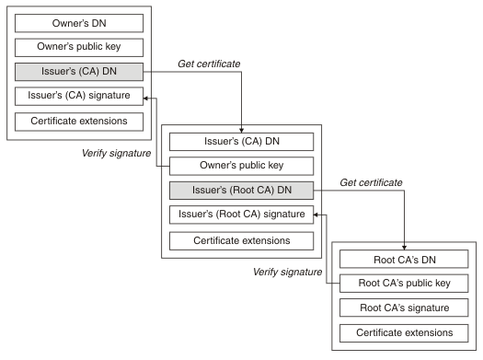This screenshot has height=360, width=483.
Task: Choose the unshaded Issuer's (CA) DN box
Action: [x=241, y=142]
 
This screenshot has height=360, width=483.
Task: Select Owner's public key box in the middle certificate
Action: [x=241, y=166]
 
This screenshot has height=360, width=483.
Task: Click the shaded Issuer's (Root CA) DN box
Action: [x=241, y=191]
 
